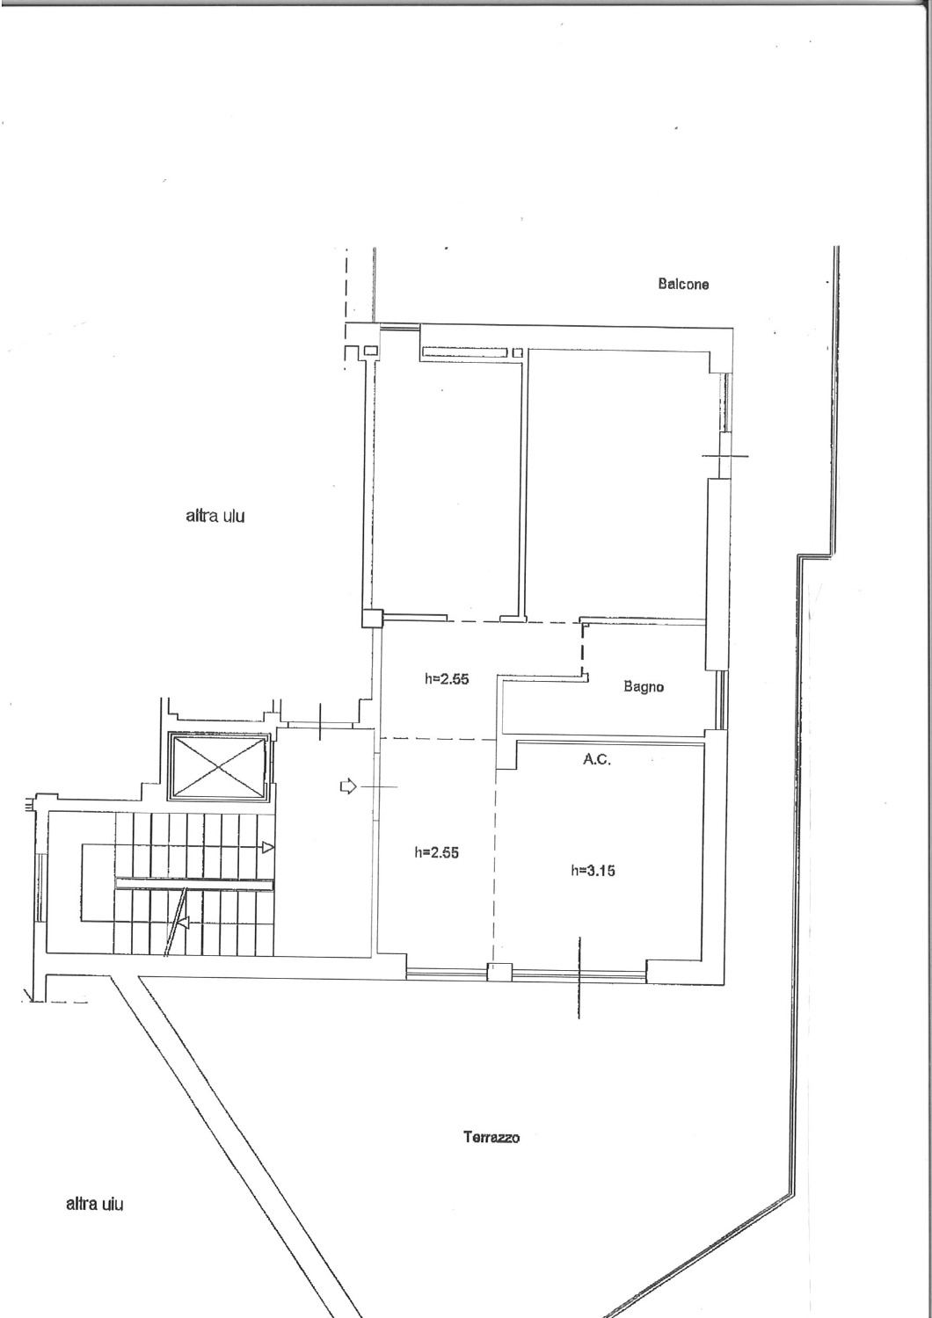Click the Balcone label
click(x=683, y=284)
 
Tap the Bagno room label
click(x=644, y=686)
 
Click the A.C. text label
click(x=597, y=760)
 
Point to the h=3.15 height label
click(x=593, y=870)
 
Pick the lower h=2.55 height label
click(x=436, y=852)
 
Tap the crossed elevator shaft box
click(x=219, y=767)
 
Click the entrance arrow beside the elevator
click(x=348, y=786)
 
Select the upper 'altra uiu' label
click(x=215, y=517)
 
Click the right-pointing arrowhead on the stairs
click(x=268, y=848)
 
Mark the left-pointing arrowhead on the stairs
click(x=183, y=923)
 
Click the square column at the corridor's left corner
click(x=372, y=619)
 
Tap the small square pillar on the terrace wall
click(x=500, y=972)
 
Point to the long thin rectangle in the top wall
click(x=464, y=352)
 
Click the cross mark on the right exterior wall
click(x=724, y=455)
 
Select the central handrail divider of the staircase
click(x=194, y=884)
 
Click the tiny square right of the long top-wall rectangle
click(x=518, y=352)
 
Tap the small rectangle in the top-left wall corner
click(x=371, y=351)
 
